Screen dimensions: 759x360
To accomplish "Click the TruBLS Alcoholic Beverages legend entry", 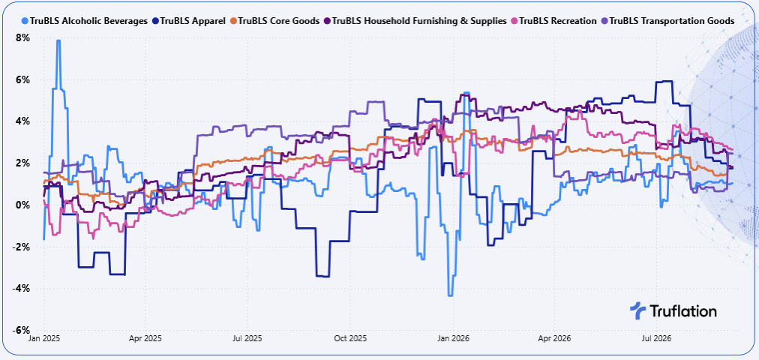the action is pos(85,21).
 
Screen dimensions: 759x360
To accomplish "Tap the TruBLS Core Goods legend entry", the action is pos(274,21).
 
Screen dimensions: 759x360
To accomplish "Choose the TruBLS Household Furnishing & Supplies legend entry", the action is pos(415,21).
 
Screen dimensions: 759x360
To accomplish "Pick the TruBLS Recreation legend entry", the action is pos(553,21).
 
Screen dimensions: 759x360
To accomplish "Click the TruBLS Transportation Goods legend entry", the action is pos(667,21).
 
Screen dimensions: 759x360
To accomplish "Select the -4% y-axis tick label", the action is pos(22,289).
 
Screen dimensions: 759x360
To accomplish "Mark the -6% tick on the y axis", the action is pos(22,331).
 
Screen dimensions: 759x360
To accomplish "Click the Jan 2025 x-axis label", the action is pos(43,338).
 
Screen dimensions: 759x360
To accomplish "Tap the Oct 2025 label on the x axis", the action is pos(351,338).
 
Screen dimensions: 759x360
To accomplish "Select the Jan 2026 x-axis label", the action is pos(454,338).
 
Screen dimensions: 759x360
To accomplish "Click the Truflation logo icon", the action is pos(637,310).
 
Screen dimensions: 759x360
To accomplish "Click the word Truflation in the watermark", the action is pos(682,310).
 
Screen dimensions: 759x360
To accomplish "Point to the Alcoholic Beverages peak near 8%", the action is pos(58,40).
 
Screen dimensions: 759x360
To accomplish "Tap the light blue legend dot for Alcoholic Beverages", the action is pos(25,21).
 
